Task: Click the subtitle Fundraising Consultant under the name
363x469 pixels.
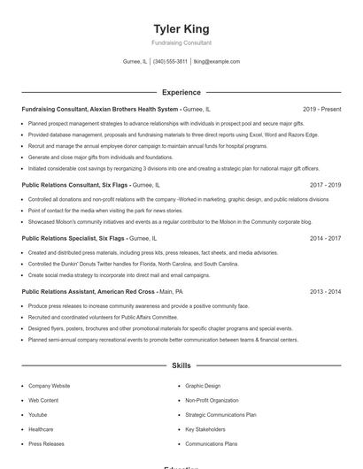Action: [181, 42]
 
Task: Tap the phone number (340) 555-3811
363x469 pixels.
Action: [170, 62]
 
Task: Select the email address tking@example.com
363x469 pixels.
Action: [217, 62]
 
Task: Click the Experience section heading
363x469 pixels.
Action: [181, 92]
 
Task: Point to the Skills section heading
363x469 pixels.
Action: [181, 365]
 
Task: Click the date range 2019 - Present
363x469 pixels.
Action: [321, 109]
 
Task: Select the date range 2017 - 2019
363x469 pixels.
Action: [325, 186]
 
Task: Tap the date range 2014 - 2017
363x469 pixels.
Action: [325, 238]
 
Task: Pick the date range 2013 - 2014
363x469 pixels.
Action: [325, 291]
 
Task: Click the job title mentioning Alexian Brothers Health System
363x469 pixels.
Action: [100, 109]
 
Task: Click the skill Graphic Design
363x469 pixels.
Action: [203, 386]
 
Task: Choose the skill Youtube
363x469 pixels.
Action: [38, 414]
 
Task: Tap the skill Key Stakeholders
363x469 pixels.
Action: [206, 429]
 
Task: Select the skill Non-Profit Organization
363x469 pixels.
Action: [212, 400]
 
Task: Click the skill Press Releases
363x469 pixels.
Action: [46, 443]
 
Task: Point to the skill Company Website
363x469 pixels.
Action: [49, 386]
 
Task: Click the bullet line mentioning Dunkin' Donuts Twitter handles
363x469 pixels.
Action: [133, 264]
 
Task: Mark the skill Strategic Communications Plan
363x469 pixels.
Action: [220, 414]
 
